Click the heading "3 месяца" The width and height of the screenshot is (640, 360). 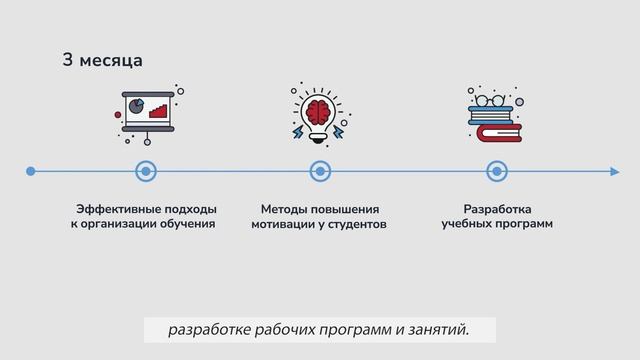pyautogui.click(x=102, y=61)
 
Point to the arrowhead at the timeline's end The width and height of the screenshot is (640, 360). pyautogui.click(x=614, y=172)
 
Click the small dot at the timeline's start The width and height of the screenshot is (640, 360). pyautogui.click(x=31, y=172)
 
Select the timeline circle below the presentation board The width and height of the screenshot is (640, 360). pyautogui.click(x=146, y=172)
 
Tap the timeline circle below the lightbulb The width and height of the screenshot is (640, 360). pyautogui.click(x=320, y=172)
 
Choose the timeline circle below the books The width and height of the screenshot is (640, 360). pyautogui.click(x=496, y=172)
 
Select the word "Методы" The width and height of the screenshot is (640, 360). pyautogui.click(x=284, y=209)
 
